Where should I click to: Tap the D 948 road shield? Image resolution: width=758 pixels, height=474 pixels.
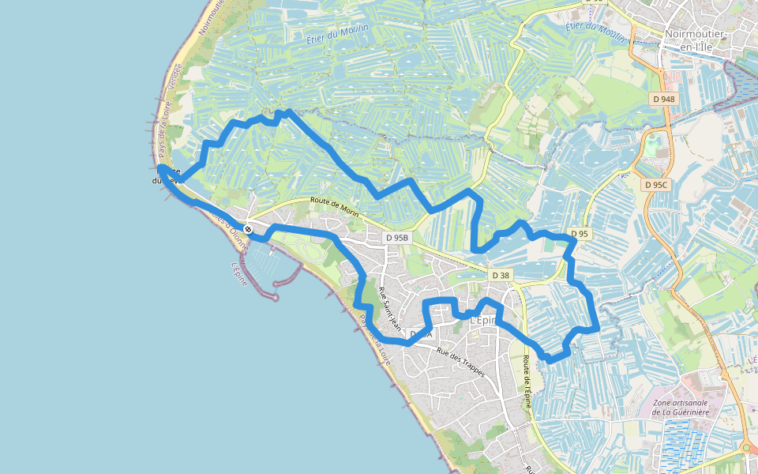tap(664, 99)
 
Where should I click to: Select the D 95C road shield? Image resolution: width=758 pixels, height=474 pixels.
tap(655, 185)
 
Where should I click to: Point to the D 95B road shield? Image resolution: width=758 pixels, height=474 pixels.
tap(398, 237)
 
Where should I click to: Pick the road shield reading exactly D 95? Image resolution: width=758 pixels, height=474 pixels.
tap(579, 234)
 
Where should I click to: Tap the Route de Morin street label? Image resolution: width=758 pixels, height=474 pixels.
tap(335, 208)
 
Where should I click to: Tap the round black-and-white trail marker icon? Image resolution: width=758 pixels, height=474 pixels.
tap(248, 229)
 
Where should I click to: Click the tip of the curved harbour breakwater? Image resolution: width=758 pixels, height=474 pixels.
tap(277, 298)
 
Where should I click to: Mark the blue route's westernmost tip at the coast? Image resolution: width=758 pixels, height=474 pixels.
tap(160, 168)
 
